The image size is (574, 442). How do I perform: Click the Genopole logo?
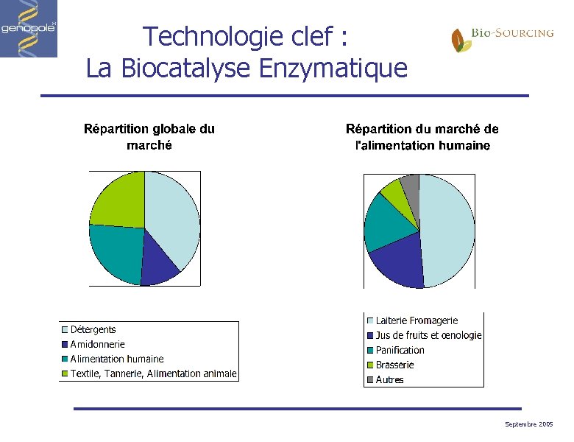coord(29,29)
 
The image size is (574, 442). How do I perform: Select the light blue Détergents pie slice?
coord(173,214)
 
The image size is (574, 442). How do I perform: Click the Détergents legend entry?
coord(93,329)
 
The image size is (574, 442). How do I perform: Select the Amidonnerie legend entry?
coord(97,344)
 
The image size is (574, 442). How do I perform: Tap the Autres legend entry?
coord(389,380)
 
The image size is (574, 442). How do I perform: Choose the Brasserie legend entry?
coord(394,365)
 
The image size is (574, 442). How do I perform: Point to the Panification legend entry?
coord(400,350)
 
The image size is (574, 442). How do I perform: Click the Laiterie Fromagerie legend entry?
coord(417,320)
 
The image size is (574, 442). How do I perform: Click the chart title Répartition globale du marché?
coord(149,136)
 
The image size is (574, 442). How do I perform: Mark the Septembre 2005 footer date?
coord(529,425)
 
